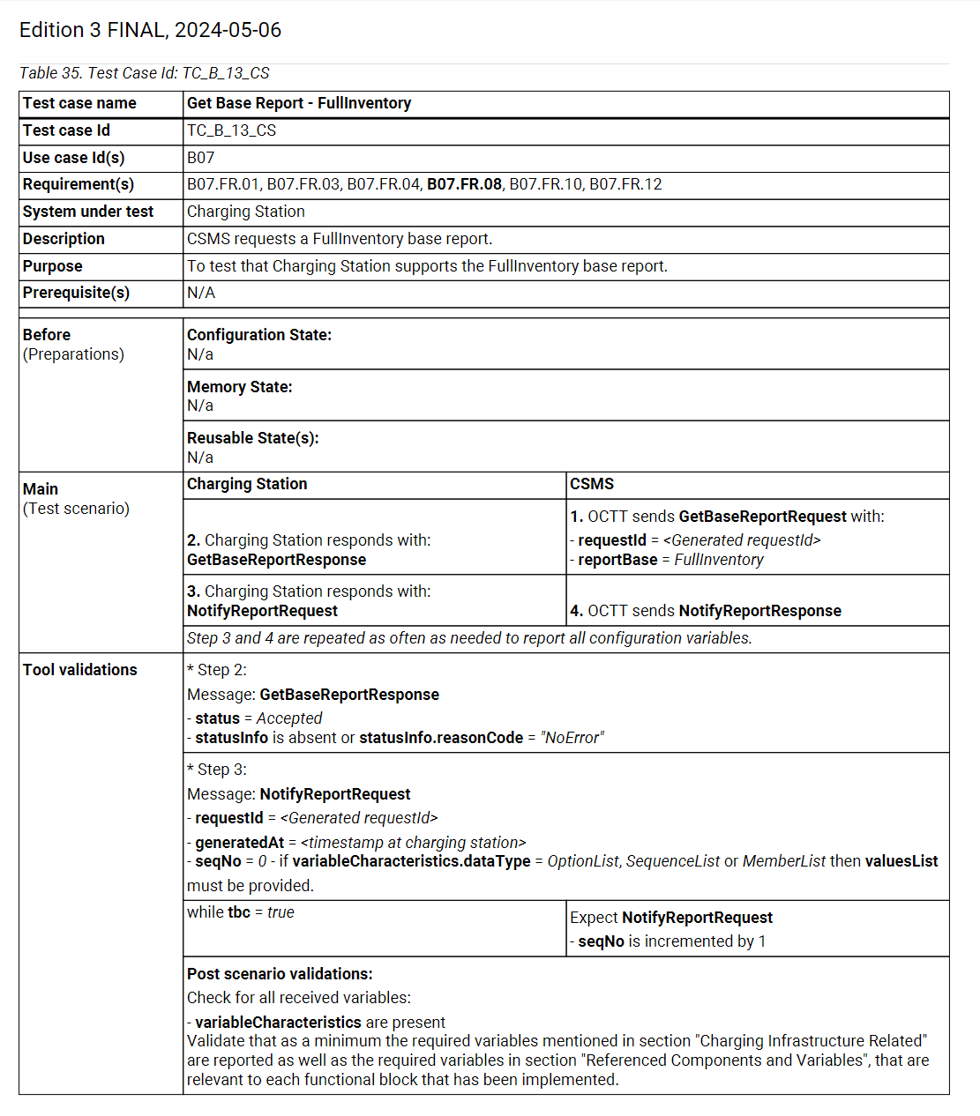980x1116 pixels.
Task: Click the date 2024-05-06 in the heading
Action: click(x=228, y=30)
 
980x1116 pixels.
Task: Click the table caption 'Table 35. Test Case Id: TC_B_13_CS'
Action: click(x=145, y=73)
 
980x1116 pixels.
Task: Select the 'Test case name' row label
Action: click(x=79, y=103)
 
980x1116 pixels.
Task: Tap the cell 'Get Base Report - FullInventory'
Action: click(x=299, y=103)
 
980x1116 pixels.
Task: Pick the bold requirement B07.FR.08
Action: click(x=464, y=184)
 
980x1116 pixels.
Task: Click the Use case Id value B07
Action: click(x=200, y=158)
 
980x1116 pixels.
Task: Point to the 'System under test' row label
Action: click(x=88, y=212)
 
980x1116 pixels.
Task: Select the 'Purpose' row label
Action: click(x=53, y=266)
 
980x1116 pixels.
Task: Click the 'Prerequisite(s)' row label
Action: click(x=76, y=293)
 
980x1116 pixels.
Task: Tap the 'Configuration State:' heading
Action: click(x=259, y=335)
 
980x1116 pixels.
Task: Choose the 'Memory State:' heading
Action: click(x=240, y=387)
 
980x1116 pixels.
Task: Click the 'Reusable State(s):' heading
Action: click(x=253, y=438)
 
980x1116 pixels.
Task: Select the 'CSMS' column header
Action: click(x=592, y=484)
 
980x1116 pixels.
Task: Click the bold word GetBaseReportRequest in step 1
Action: click(x=762, y=517)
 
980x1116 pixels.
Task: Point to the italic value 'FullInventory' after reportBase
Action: click(x=719, y=560)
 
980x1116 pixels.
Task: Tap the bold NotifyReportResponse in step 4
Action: click(x=759, y=611)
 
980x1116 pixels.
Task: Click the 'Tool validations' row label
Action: click(x=80, y=670)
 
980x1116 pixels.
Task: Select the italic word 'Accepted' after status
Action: click(x=289, y=718)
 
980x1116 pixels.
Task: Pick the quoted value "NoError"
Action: click(x=572, y=738)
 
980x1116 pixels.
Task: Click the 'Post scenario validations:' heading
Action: click(x=280, y=974)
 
